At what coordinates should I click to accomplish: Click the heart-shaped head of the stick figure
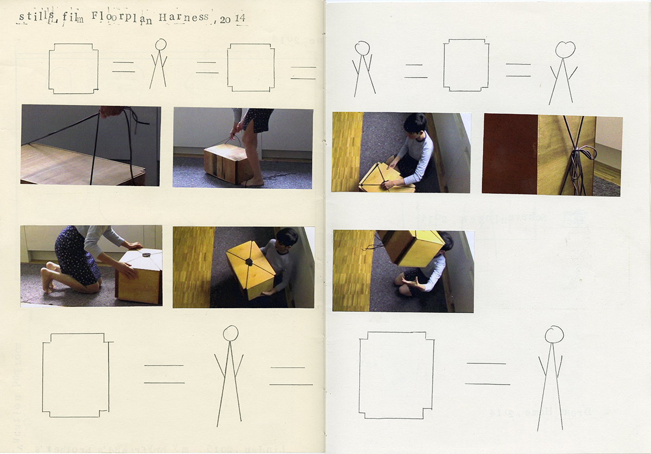[565, 49]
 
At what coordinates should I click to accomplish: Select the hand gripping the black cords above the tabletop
[111, 111]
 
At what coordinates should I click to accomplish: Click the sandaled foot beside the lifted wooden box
[253, 183]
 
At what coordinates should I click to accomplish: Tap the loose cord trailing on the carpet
[279, 176]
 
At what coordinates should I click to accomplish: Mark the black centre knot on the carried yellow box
[249, 262]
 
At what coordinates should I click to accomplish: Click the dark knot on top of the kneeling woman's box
[146, 253]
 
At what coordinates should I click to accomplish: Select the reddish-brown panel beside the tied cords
[509, 154]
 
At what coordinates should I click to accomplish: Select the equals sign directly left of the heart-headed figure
[518, 70]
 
